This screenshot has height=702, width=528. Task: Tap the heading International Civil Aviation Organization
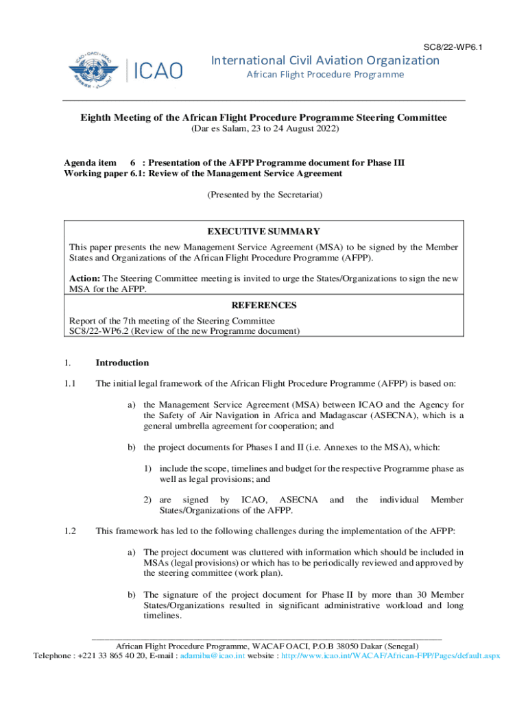pyautogui.click(x=325, y=60)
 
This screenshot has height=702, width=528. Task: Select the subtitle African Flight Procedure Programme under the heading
pyautogui.click(x=325, y=75)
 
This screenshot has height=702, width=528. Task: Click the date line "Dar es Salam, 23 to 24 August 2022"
pyautogui.click(x=263, y=129)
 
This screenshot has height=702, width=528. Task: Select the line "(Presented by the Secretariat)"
pyautogui.click(x=264, y=195)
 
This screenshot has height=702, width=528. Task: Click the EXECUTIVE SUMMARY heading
pyautogui.click(x=264, y=232)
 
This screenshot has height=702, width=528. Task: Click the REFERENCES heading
pyautogui.click(x=264, y=305)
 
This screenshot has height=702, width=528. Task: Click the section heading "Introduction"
pyautogui.click(x=122, y=363)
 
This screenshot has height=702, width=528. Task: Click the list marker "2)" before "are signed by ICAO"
pyautogui.click(x=147, y=500)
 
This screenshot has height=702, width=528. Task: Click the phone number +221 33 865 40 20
pyautogui.click(x=112, y=655)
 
